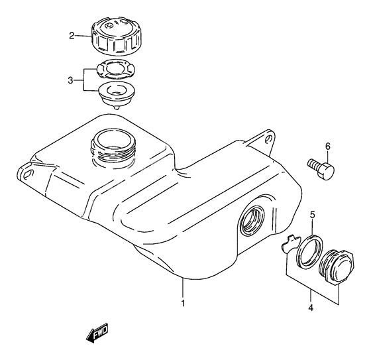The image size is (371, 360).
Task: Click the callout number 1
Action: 184,304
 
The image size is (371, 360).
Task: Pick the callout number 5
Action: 313,214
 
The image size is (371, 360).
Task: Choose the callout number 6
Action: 327,147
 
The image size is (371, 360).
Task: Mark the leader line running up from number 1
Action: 184,288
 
